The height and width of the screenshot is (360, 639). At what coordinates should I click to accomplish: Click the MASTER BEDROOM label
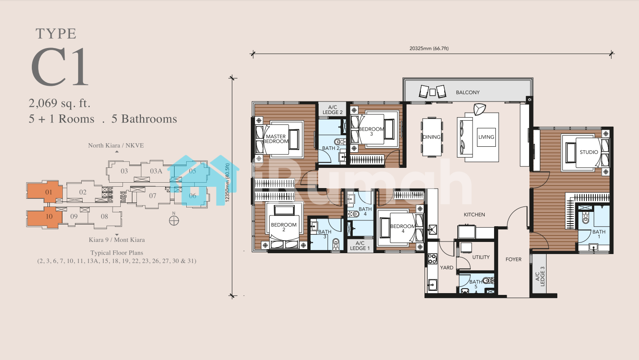tap(276, 139)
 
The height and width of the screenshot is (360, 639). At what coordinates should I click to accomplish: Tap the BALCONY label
tap(468, 92)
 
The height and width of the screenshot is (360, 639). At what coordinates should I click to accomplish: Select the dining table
tap(432, 137)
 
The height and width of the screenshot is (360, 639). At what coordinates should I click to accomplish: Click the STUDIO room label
tap(589, 152)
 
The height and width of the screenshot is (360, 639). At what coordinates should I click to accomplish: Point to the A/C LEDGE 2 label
tap(333, 110)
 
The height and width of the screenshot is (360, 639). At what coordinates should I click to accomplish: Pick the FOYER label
tap(513, 259)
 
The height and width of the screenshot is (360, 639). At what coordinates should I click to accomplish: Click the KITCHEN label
tap(474, 215)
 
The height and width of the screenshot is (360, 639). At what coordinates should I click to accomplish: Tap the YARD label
tap(446, 268)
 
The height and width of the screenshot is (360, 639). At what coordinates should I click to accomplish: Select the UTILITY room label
tap(481, 257)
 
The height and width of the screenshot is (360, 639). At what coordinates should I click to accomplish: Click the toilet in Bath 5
tap(488, 281)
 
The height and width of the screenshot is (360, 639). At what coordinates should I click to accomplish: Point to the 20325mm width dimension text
tap(429, 48)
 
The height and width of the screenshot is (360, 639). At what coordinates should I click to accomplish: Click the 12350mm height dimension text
tap(228, 183)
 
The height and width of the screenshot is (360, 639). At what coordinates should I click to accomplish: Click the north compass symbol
tap(174, 220)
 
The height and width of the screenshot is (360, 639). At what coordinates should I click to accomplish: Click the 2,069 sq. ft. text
tap(59, 103)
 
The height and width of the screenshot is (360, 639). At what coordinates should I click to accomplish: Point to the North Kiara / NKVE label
tap(116, 145)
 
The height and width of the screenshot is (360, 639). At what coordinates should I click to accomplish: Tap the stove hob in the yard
tap(432, 259)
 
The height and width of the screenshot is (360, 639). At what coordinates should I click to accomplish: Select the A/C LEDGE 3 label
tap(539, 276)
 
